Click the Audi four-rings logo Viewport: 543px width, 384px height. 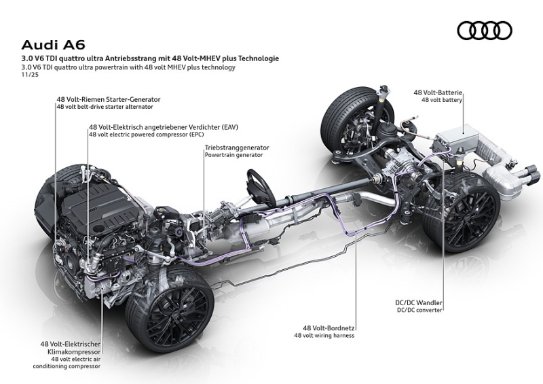[484, 31]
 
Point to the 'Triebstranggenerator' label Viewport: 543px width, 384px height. [237, 147]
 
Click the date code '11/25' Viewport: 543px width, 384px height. [28, 75]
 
